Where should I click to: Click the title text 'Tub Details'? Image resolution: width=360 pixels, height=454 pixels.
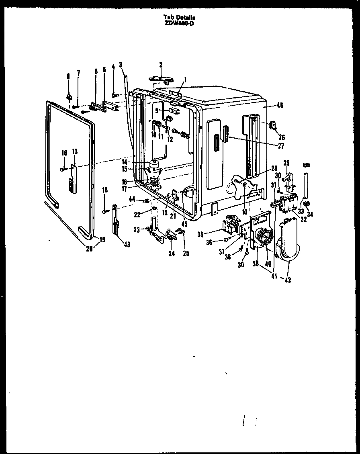[180, 17]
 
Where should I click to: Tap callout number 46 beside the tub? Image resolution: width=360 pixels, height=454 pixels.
[280, 106]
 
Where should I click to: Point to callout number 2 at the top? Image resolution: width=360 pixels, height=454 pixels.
[161, 64]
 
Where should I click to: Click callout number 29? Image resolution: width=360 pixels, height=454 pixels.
[286, 162]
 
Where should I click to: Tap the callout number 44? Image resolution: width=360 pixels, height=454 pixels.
[131, 200]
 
